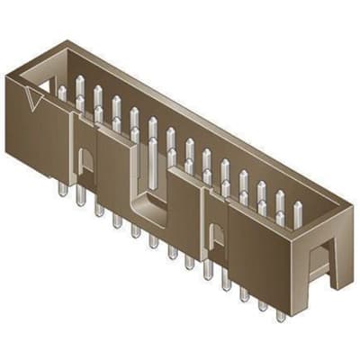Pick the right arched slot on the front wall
[x=216, y=236]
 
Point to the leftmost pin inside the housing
[x=61, y=92]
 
